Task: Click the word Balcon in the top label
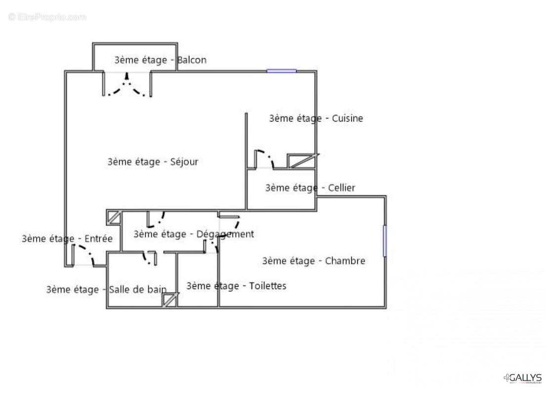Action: tap(192, 60)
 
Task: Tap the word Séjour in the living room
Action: tap(184, 162)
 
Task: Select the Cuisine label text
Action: tap(347, 118)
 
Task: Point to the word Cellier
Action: tap(341, 188)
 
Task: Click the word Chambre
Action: tap(345, 261)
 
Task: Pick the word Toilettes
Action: tap(268, 286)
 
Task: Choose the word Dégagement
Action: tap(225, 235)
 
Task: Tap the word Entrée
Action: tap(98, 238)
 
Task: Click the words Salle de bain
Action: tap(137, 290)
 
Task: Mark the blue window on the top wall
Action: tap(281, 71)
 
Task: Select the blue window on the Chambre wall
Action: tap(384, 241)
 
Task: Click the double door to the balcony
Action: tap(127, 84)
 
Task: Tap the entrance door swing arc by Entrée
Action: tap(88, 252)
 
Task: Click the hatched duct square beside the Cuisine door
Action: tap(301, 161)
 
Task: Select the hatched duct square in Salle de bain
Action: tap(170, 300)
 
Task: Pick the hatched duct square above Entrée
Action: tap(114, 217)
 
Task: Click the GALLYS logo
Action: tap(523, 378)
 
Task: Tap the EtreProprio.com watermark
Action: tap(47, 17)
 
